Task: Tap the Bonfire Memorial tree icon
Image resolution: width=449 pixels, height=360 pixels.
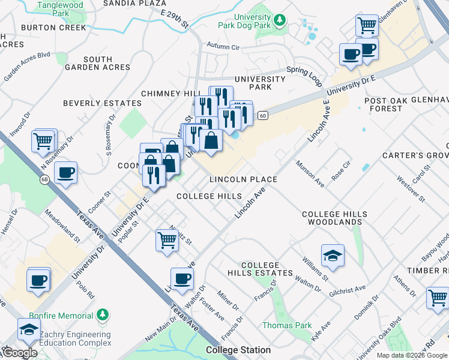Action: (x=103, y=315)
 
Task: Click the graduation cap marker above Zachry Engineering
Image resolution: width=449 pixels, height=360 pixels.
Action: (x=28, y=329)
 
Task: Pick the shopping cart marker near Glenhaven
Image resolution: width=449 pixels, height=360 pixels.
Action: (x=366, y=25)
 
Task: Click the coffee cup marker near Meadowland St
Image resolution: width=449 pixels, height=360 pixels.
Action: (x=65, y=173)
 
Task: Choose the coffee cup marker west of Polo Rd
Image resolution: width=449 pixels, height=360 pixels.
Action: (x=38, y=280)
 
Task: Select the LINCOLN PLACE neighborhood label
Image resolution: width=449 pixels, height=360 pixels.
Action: (x=243, y=179)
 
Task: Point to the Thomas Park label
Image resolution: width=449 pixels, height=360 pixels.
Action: (x=287, y=326)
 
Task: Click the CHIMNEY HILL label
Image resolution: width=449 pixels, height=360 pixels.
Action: (x=170, y=94)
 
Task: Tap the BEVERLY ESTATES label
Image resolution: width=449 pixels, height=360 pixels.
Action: (x=103, y=103)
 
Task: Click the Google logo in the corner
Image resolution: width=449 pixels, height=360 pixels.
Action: (x=20, y=353)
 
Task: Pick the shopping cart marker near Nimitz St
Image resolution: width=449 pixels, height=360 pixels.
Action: (x=167, y=239)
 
